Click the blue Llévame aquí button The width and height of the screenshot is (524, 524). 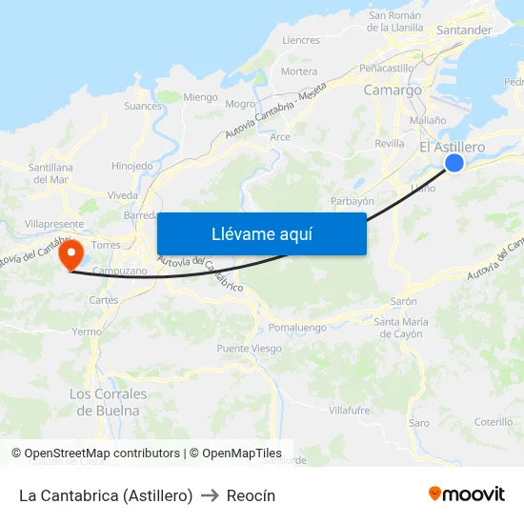click(x=261, y=233)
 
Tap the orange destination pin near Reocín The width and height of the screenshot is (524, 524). click(x=70, y=255)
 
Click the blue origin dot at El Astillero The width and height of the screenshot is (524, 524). click(x=454, y=163)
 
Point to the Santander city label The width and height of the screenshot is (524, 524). click(x=463, y=30)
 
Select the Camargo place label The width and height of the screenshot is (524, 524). click(x=393, y=91)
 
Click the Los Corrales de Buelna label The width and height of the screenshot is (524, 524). click(x=109, y=402)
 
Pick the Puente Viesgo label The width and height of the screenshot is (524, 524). click(x=249, y=349)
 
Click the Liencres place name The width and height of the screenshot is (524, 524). click(x=301, y=40)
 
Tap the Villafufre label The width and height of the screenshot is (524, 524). click(x=349, y=410)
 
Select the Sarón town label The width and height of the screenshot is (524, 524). click(x=404, y=301)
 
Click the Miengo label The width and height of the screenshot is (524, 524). click(x=200, y=97)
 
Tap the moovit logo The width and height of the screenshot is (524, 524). click(x=467, y=494)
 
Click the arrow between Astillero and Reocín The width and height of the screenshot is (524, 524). click(x=210, y=495)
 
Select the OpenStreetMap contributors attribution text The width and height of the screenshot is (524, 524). click(x=102, y=453)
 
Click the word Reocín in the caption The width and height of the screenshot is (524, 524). click(x=251, y=495)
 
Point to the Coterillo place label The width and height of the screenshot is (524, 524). click(x=494, y=422)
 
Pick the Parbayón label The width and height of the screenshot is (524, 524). click(x=352, y=201)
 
